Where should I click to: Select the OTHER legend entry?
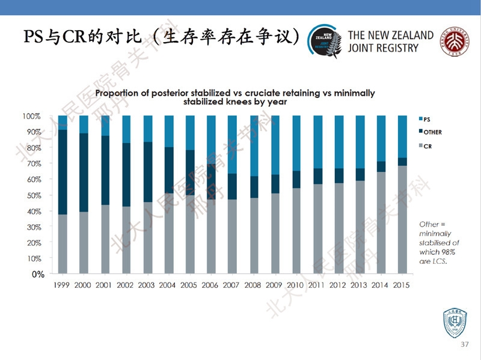pos(431,132)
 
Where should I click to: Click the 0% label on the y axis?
pos(37,274)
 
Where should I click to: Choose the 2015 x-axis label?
pos(400,285)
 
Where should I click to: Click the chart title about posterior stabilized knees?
pos(235,97)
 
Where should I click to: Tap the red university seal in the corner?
pos(455,41)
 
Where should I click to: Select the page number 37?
pos(464,344)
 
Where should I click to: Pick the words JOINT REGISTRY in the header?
pos(383,48)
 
